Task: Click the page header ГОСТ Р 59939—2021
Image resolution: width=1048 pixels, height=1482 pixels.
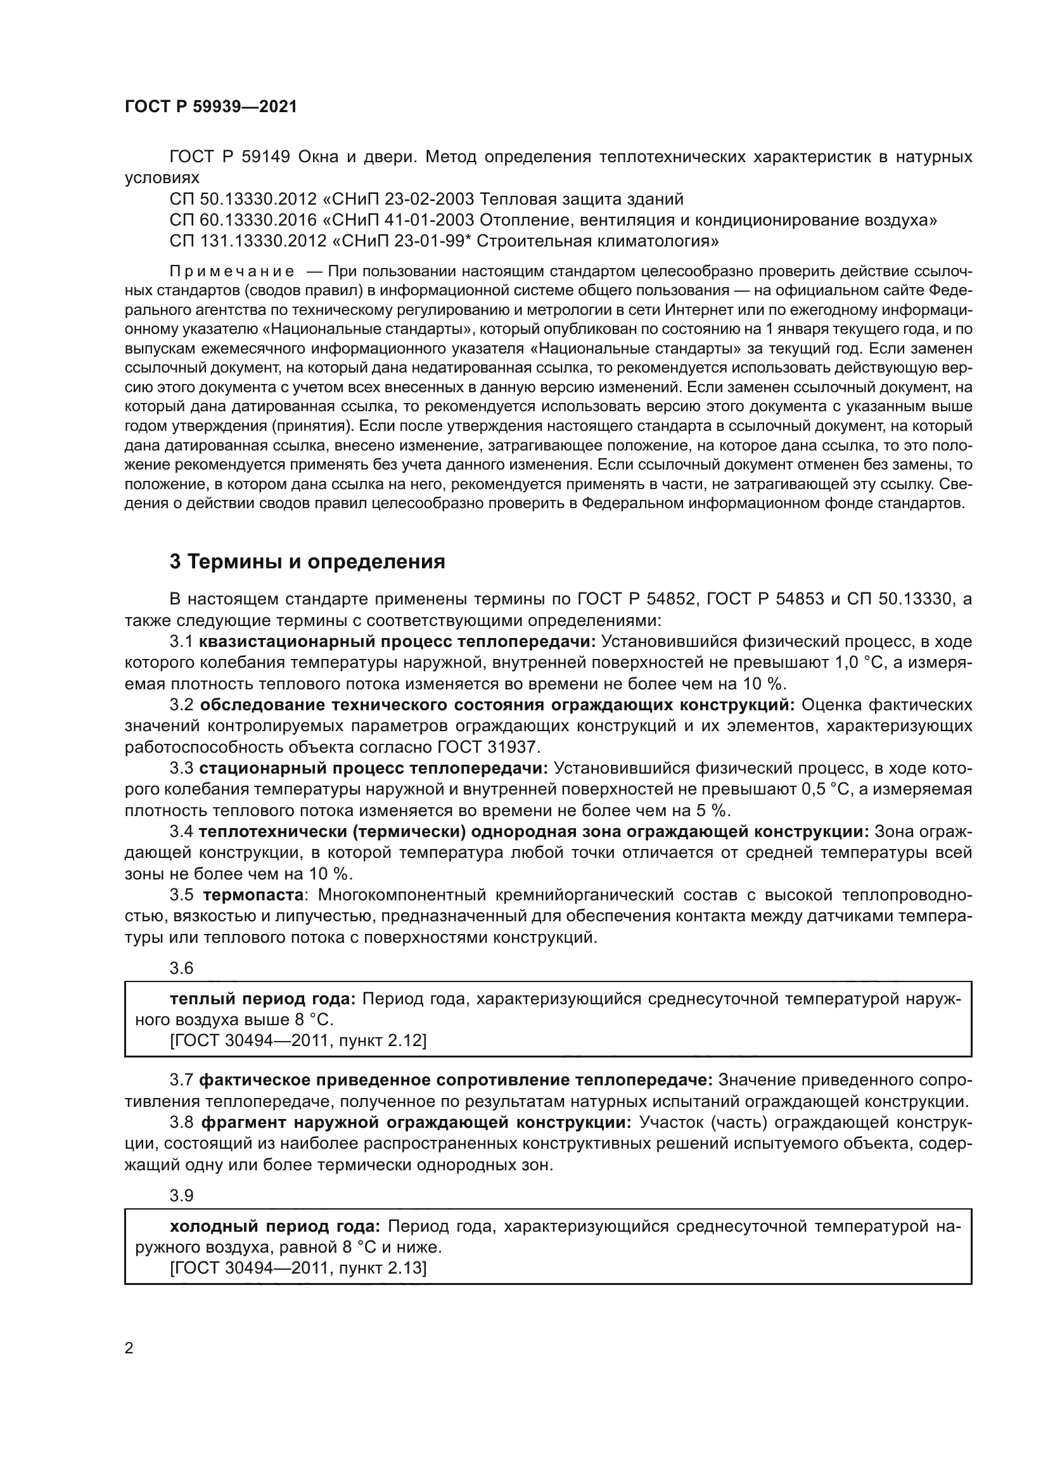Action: click(x=211, y=106)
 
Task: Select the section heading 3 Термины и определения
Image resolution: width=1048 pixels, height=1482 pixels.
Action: click(x=307, y=562)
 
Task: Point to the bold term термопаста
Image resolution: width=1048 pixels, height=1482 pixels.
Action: click(x=253, y=895)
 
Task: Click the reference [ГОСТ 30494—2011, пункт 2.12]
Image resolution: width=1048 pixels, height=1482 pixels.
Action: click(x=298, y=1040)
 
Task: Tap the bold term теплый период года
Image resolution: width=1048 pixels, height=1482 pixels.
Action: click(x=263, y=999)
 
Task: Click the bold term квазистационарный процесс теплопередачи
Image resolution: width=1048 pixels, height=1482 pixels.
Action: click(x=397, y=642)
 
